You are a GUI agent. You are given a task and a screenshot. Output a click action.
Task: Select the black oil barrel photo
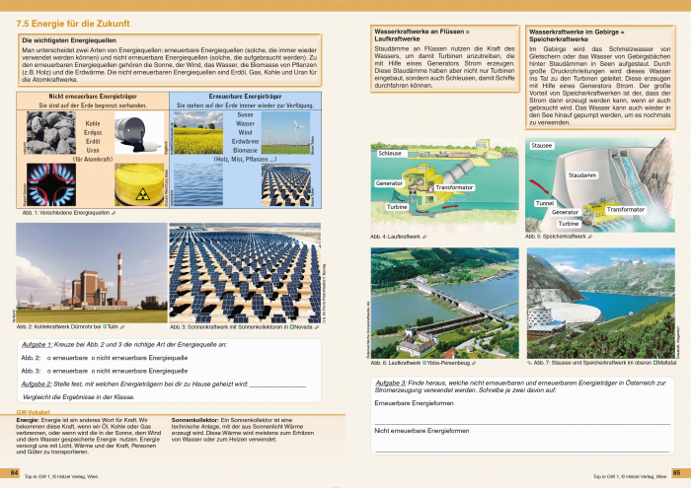pos(134,130)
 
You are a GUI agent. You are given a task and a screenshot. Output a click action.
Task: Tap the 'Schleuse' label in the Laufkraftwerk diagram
pos(390,154)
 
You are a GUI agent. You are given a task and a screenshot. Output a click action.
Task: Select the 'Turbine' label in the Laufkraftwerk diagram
pos(397,207)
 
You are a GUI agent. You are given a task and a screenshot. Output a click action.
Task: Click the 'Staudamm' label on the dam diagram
pos(583,174)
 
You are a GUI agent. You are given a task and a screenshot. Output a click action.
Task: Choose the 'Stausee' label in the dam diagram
pos(543,145)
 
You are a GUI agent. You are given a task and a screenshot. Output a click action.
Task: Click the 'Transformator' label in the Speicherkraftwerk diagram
pos(625,209)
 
